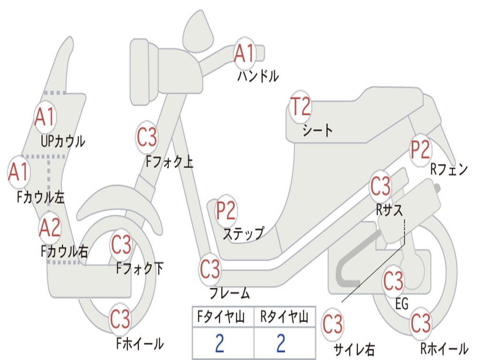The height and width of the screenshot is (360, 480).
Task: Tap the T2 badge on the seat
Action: click(300, 106)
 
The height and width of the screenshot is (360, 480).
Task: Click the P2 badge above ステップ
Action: click(226, 211)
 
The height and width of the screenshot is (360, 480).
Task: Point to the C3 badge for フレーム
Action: click(210, 269)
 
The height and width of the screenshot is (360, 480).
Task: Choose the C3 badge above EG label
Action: click(393, 281)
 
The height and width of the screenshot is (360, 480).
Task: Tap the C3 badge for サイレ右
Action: click(332, 324)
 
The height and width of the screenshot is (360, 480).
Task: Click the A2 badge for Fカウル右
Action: click(50, 228)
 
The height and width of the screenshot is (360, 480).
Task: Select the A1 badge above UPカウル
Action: click(45, 117)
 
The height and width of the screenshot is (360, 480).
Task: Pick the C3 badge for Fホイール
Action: click(120, 319)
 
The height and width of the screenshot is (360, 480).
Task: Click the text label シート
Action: click(317, 130)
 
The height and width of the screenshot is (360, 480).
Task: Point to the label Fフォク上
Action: click(169, 162)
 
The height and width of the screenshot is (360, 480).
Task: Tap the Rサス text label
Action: click(389, 210)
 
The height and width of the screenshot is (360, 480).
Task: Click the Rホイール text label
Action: click(443, 349)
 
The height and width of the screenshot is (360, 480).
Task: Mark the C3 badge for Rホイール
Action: click(420, 323)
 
